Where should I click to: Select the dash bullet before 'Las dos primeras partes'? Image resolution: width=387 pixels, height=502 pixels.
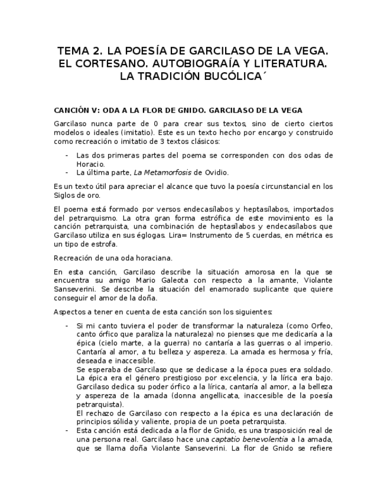coord(67,155)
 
